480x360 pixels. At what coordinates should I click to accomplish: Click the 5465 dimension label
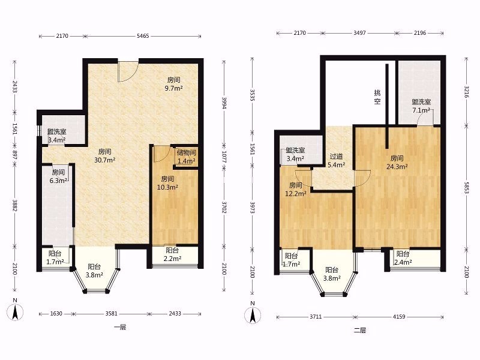click(143, 36)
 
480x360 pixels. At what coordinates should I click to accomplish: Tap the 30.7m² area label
click(104, 156)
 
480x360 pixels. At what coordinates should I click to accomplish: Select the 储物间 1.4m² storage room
click(186, 157)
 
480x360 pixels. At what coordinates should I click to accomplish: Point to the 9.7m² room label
click(173, 84)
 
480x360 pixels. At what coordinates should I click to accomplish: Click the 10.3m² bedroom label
click(167, 183)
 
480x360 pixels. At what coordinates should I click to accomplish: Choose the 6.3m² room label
click(58, 176)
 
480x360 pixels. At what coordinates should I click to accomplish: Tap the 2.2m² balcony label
click(172, 254)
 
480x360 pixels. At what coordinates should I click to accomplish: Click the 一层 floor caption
click(120, 327)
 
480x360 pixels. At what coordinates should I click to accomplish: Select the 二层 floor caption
click(360, 331)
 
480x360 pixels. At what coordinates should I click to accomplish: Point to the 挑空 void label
click(377, 97)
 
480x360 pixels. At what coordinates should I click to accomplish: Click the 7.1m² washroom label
click(421, 106)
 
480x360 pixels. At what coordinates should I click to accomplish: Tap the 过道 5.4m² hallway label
click(336, 161)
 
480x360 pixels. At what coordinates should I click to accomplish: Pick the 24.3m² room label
click(397, 163)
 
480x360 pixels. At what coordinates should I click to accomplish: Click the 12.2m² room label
click(296, 190)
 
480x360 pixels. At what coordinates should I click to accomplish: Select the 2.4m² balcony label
click(403, 258)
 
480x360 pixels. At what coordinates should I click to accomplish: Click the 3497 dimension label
click(359, 33)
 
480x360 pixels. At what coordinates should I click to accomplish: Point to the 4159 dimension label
click(399, 317)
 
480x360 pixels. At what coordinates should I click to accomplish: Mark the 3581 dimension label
click(112, 314)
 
